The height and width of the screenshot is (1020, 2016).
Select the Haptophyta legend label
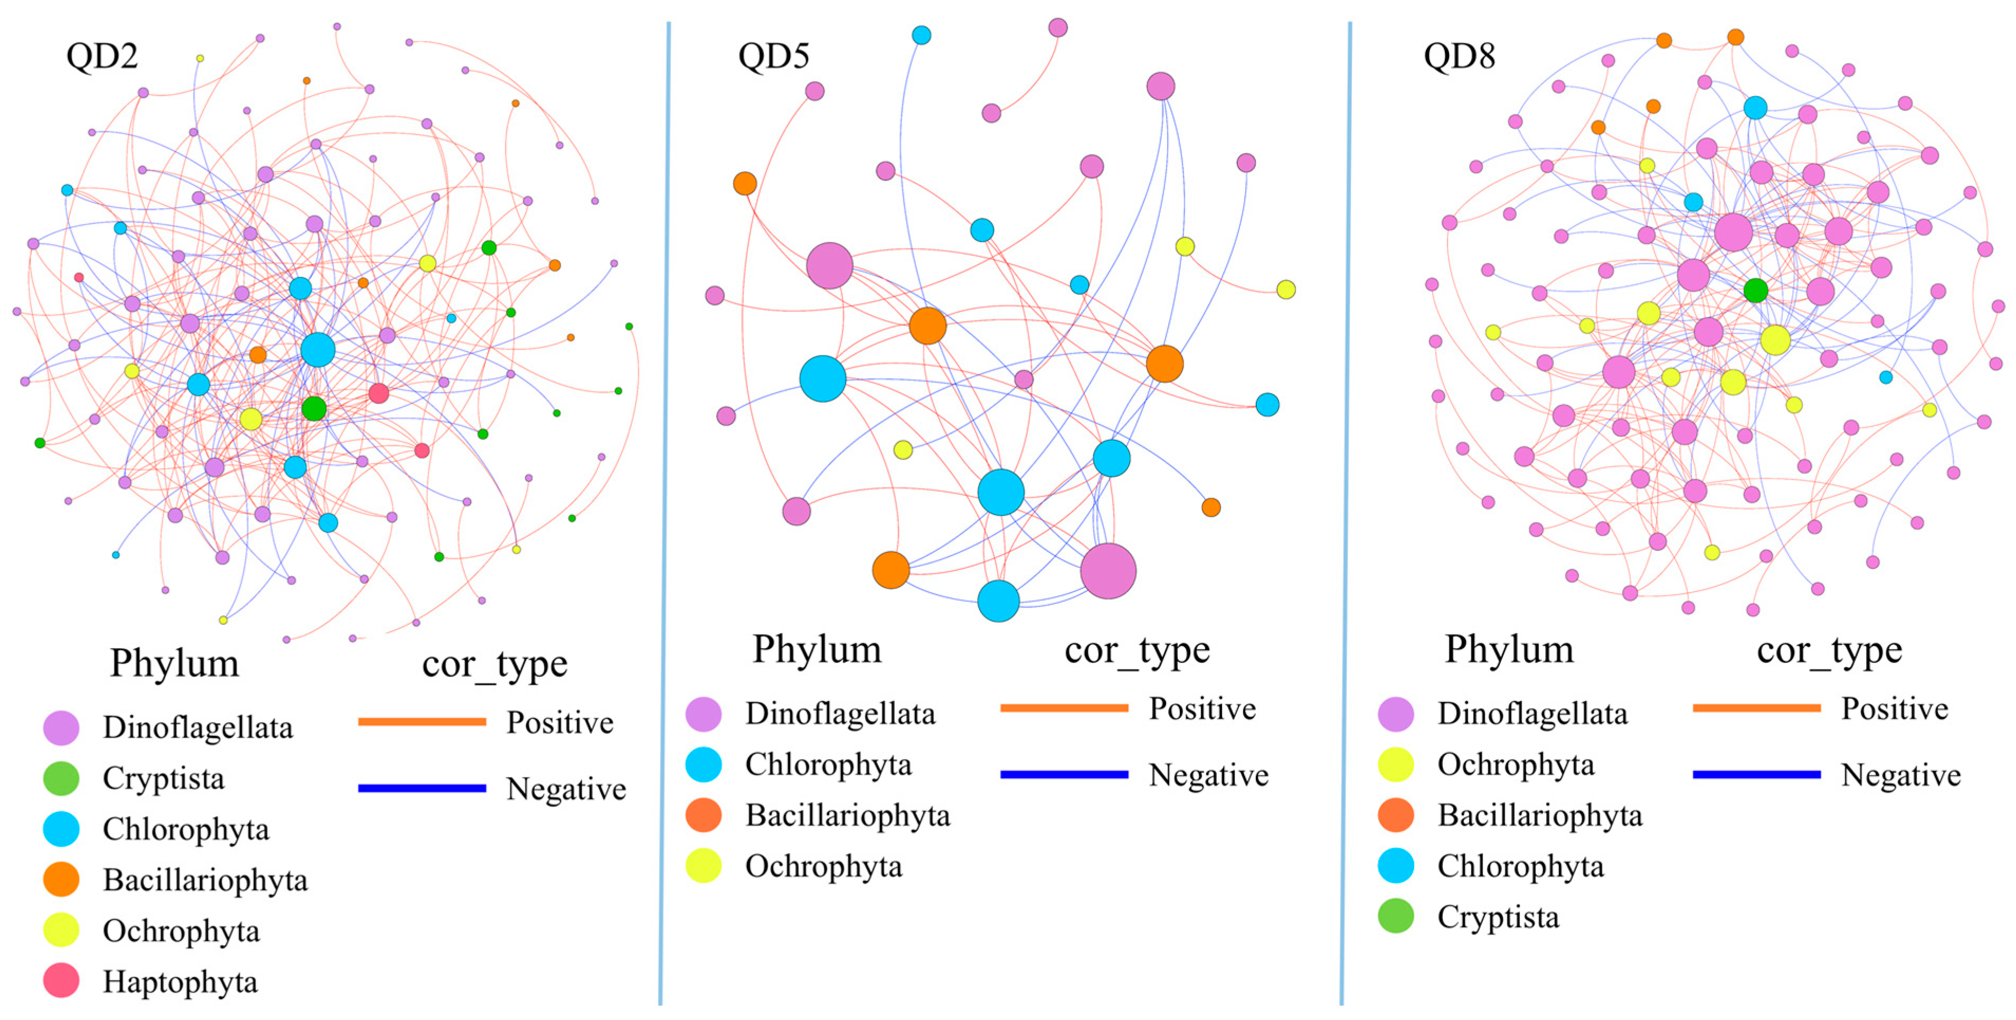click(180, 981)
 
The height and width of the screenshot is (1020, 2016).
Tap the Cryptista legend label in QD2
click(164, 778)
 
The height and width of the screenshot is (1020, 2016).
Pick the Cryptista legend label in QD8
click(1498, 916)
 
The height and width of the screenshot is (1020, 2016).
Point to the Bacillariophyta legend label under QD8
click(1539, 815)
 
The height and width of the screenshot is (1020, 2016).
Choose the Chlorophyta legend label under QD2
click(185, 829)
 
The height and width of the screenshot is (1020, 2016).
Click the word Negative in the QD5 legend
click(1208, 775)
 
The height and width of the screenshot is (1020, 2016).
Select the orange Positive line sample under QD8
click(1756, 708)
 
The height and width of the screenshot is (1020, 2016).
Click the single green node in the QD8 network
click(1755, 291)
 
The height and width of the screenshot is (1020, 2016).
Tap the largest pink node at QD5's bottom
click(1108, 570)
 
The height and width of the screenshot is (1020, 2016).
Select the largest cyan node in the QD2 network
click(318, 350)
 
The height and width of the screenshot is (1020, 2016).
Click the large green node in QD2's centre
click(314, 408)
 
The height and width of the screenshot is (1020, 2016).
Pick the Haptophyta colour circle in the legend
click(61, 981)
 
